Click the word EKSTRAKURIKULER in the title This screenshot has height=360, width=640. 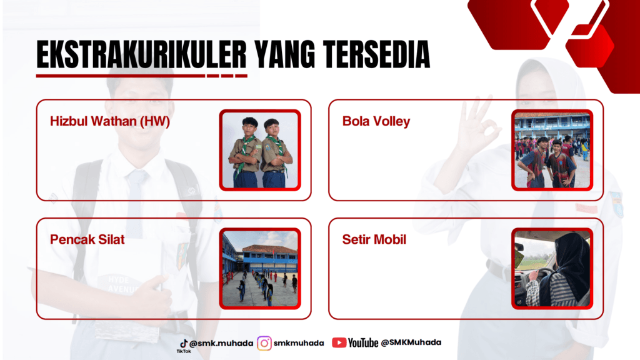(x=142, y=54)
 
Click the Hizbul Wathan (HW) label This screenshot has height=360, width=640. (x=110, y=121)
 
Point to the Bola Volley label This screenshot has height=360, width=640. (x=376, y=121)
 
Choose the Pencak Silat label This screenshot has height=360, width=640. (x=87, y=239)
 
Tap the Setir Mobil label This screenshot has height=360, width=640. (x=374, y=239)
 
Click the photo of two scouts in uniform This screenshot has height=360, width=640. (x=260, y=150)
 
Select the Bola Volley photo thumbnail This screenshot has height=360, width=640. (x=552, y=150)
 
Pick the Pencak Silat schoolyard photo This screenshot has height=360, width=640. (x=260, y=269)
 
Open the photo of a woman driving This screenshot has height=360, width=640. (x=552, y=269)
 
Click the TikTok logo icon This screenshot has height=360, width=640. (x=184, y=343)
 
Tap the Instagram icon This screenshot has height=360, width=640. (x=264, y=343)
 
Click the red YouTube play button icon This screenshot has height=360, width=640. (x=339, y=342)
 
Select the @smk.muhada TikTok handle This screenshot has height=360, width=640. (x=221, y=343)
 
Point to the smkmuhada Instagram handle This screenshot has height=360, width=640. (x=299, y=343)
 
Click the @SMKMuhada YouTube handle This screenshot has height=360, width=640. (x=411, y=342)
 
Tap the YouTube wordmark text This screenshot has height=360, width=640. (x=363, y=342)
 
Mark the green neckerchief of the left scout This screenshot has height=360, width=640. (x=244, y=152)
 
